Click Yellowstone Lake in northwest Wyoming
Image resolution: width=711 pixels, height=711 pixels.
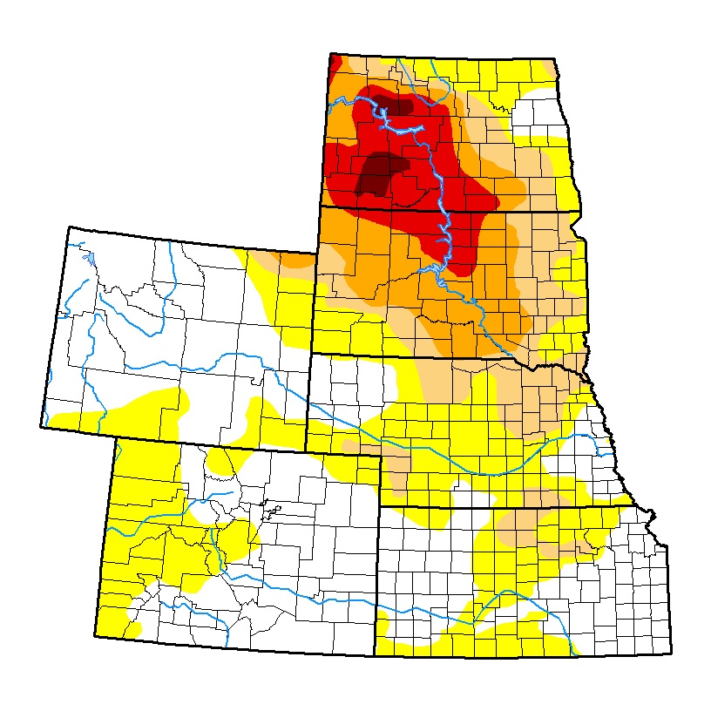tap(88, 258)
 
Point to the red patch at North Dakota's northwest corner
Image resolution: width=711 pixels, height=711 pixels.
tap(334, 62)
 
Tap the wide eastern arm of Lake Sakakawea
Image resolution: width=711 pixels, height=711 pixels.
tap(409, 129)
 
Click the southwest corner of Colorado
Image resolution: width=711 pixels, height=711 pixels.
tap(95, 637)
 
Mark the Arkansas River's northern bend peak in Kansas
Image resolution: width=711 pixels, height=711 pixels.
tap(504, 592)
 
